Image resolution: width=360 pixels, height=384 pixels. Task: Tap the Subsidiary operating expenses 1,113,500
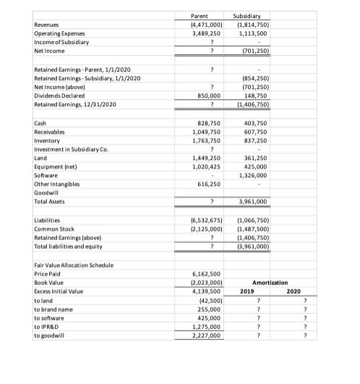[x=254, y=33]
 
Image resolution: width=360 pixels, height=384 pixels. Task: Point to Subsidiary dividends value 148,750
[x=256, y=95]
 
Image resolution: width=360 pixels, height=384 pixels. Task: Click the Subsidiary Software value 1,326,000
[x=254, y=174]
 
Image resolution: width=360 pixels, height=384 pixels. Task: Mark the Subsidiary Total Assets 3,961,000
[x=254, y=200]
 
